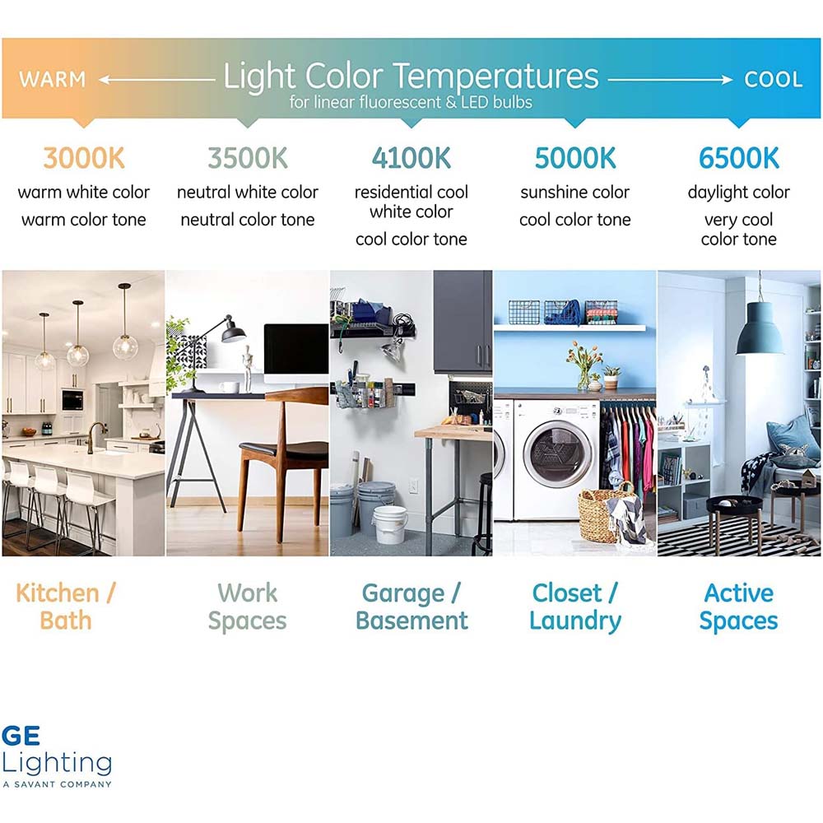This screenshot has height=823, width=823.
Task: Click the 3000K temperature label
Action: click(84, 158)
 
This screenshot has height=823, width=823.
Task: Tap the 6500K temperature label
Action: click(738, 158)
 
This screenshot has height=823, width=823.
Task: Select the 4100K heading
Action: click(411, 158)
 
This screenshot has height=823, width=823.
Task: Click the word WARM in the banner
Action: click(53, 79)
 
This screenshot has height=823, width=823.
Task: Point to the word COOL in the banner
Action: click(773, 79)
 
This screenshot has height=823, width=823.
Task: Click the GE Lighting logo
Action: click(57, 756)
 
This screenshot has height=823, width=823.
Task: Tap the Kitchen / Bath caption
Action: click(66, 607)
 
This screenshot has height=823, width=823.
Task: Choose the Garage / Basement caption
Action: click(411, 607)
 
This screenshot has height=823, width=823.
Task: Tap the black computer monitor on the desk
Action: click(296, 350)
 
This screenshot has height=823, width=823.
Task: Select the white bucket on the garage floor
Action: click(390, 524)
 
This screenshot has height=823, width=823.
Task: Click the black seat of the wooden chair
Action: click(283, 449)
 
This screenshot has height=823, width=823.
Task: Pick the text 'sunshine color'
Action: click(575, 192)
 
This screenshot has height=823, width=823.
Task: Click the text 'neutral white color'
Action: click(248, 192)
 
